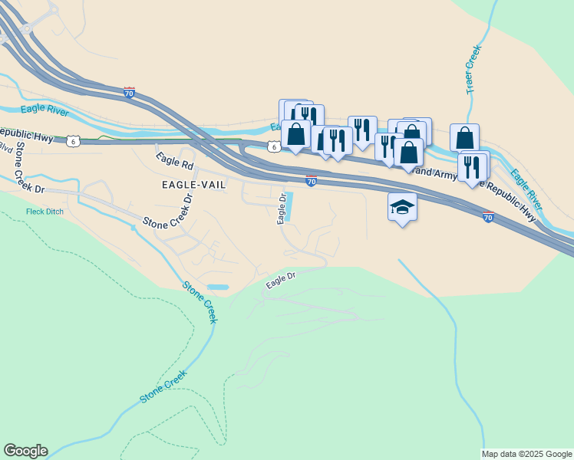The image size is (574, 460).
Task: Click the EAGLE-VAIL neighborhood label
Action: [x=193, y=186]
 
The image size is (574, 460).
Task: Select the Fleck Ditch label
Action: [x=44, y=212]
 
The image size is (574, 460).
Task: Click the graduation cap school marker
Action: [x=402, y=207]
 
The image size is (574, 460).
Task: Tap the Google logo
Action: [x=25, y=451]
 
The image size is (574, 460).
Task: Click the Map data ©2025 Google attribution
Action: [x=526, y=454]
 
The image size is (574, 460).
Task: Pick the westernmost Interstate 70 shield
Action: [x=129, y=93]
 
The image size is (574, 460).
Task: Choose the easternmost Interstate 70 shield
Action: [x=488, y=218]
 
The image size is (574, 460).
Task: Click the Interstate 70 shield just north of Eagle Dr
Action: [x=311, y=181]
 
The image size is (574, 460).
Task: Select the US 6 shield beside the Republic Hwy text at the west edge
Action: [x=72, y=141]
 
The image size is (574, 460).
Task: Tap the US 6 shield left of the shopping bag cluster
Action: [x=273, y=146]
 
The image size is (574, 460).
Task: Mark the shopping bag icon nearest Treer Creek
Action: [x=464, y=138]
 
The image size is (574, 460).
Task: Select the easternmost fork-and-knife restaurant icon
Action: [x=472, y=167]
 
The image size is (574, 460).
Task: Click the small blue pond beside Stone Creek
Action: [x=217, y=287]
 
